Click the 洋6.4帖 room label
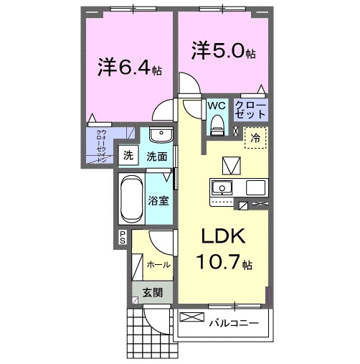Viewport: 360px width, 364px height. pos(129,67)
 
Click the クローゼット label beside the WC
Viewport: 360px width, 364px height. pos(251,110)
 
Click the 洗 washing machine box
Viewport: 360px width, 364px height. pos(128,155)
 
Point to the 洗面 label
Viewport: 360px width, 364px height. pos(158,156)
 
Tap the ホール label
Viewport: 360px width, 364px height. pos(158,264)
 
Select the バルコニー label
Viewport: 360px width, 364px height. pos(234,322)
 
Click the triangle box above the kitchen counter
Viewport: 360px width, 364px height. pos(231,165)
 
